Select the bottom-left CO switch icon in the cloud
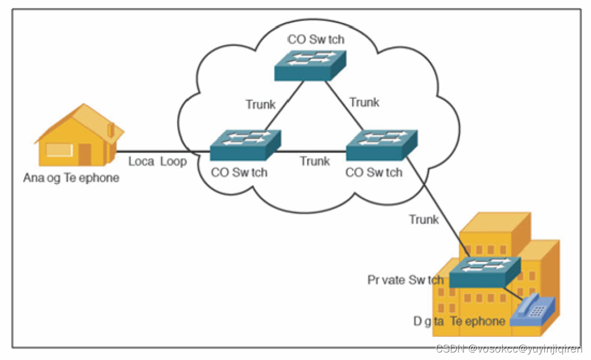245,145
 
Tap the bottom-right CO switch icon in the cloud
381,145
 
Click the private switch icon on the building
485,272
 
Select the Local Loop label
158,162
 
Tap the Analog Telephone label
72,178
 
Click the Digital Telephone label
459,321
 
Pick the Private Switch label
406,280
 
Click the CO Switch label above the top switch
316,40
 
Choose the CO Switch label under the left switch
239,172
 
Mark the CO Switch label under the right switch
373,172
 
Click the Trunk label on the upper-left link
260,104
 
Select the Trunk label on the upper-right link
364,103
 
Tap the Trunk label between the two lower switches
315,162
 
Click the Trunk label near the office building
424,219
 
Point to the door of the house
85,154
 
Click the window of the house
59,151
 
